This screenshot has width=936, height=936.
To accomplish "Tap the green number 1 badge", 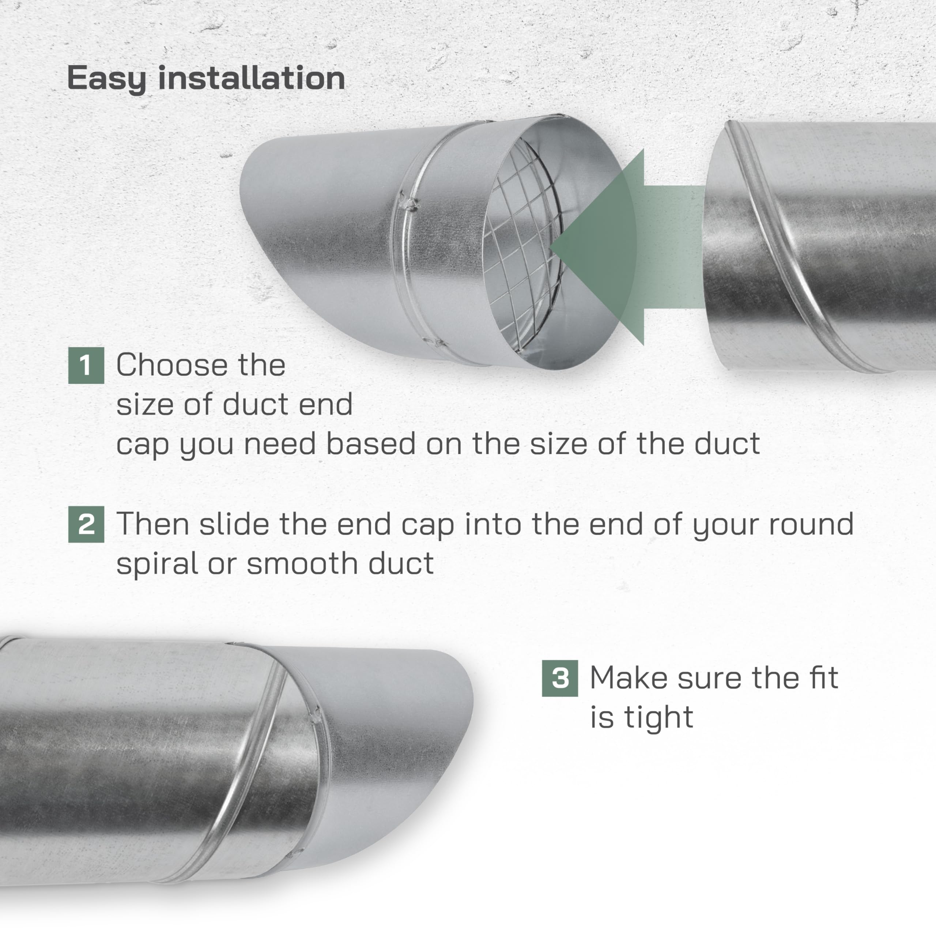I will (x=86, y=365).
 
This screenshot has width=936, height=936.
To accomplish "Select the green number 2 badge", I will (x=86, y=524).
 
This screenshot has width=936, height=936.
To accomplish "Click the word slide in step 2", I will (x=234, y=524).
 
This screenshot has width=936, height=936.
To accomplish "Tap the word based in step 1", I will (x=371, y=444).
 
